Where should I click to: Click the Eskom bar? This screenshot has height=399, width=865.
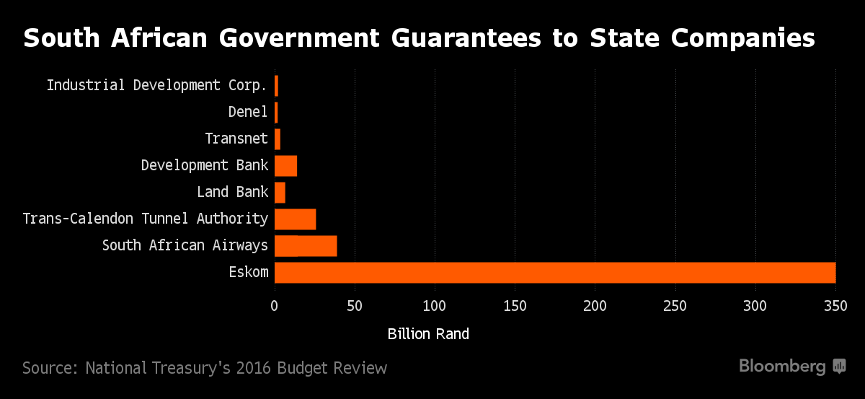coord(555,273)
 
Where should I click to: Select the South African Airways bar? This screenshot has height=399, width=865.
coord(306,246)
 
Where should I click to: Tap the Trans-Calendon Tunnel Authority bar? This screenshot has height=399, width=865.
coord(296,219)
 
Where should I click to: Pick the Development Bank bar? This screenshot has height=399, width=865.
coord(286,166)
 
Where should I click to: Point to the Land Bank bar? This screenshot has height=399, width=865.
coord(280,193)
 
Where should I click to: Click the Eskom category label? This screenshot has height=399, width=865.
coord(250,273)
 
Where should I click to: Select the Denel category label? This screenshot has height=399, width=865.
coord(248,112)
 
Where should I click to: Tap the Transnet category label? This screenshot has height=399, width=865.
coord(236,139)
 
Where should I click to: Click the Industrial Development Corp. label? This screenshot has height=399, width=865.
coord(157,85)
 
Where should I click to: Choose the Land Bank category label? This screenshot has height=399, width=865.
coord(232,193)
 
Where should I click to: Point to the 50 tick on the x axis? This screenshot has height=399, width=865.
coord(355,305)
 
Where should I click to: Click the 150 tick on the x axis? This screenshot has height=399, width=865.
coord(515,305)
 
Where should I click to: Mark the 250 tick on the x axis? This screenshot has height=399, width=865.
coord(675,305)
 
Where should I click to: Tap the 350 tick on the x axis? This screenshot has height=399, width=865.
coord(835,305)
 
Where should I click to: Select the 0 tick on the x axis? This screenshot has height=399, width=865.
coord(275,305)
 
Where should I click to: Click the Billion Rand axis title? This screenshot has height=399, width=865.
coord(428,334)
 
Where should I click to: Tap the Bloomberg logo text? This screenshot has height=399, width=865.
coord(782,367)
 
